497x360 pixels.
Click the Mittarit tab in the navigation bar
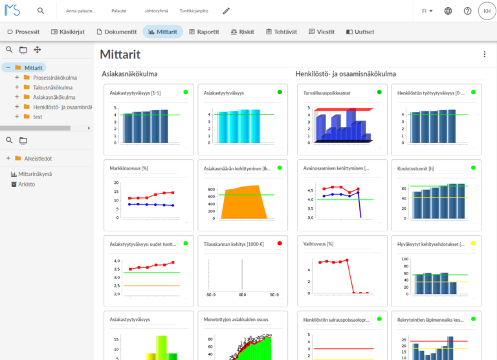[162, 32]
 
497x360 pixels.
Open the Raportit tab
[204, 32]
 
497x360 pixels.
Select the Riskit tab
[242, 32]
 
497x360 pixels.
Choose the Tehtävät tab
[282, 32]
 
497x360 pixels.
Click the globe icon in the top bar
[448, 11]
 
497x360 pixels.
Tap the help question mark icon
[468, 11]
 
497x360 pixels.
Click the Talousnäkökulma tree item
[52, 87]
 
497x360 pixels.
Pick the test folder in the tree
[38, 117]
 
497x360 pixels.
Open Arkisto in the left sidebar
[27, 184]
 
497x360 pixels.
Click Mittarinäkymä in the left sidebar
[35, 174]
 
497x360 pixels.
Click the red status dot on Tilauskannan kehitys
[280, 243]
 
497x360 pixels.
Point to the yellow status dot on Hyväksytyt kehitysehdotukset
[474, 243]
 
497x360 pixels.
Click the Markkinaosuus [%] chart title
[129, 168]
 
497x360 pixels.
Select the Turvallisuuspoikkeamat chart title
[327, 93]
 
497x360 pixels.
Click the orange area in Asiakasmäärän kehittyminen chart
[245, 203]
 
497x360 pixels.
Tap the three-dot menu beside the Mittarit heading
[485, 54]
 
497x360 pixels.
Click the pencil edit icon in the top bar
[226, 11]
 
